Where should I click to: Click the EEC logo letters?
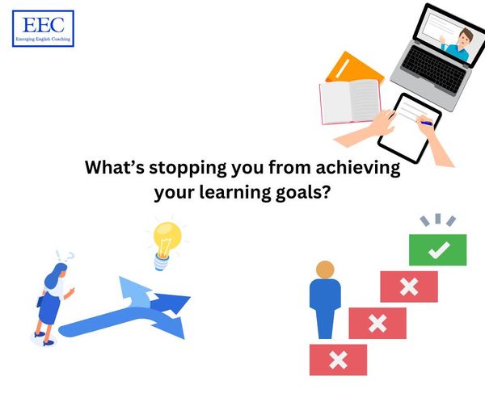(x=44, y=25)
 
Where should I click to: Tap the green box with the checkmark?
(x=437, y=249)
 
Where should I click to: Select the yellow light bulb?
(x=167, y=245)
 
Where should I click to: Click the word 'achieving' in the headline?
(x=358, y=169)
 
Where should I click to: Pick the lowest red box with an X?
(x=338, y=360)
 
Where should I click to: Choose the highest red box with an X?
(x=409, y=287)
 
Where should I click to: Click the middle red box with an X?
(x=377, y=323)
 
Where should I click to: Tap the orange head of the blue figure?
(x=325, y=270)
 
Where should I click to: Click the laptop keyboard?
(x=433, y=69)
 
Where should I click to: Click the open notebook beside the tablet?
(x=350, y=102)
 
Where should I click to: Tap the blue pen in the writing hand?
(x=425, y=123)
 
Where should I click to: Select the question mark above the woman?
(x=71, y=256)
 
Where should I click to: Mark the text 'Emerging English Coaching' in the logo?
(x=44, y=40)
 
